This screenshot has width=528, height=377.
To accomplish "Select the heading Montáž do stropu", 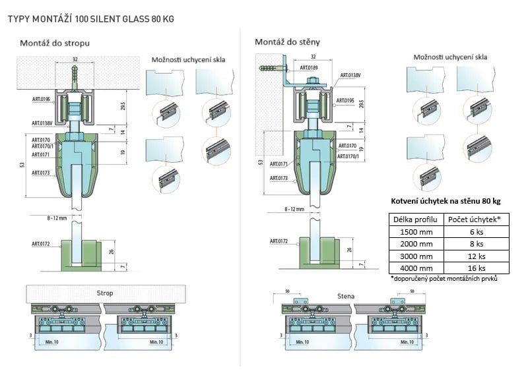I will [x=55, y=43].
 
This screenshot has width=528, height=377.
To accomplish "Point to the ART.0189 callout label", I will [x=309, y=67].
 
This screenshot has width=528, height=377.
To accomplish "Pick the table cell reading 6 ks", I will [x=475, y=231].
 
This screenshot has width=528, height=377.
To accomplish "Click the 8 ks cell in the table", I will [x=475, y=244].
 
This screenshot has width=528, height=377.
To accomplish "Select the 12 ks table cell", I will [x=475, y=256].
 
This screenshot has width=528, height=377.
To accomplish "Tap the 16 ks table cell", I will [x=475, y=268].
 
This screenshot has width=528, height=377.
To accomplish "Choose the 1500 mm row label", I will [x=415, y=231].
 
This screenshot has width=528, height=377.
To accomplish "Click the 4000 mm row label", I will [x=415, y=268].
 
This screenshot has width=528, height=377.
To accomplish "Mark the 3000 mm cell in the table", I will [x=415, y=256].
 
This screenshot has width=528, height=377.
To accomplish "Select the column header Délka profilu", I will [x=415, y=219].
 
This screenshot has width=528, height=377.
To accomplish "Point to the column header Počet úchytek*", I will [x=475, y=219].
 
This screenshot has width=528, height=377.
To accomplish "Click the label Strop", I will [x=105, y=293].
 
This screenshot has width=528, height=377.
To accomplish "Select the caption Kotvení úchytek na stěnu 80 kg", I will [x=446, y=200].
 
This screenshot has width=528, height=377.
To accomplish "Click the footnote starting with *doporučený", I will [x=444, y=279].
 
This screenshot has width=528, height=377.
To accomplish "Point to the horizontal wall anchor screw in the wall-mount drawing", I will [x=271, y=68].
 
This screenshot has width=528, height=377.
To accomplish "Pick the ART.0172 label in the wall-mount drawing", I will [x=280, y=241].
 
